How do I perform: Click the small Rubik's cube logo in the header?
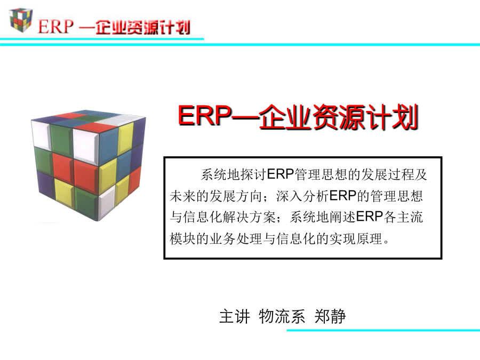(21, 20)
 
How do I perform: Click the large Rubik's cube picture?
(88, 165)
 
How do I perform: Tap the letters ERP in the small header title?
(55, 27)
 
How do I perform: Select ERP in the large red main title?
(204, 116)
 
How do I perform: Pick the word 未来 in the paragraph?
(183, 196)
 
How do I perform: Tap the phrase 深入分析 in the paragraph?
(302, 196)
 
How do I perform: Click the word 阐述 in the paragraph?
(342, 217)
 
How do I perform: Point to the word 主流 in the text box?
(410, 217)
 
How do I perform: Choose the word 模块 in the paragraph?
(183, 238)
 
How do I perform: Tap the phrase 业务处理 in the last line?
(236, 238)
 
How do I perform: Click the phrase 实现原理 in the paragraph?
(356, 238)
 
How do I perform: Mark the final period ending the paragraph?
(386, 242)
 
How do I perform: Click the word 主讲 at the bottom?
(235, 316)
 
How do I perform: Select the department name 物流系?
(282, 316)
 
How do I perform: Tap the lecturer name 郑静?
(330, 316)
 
